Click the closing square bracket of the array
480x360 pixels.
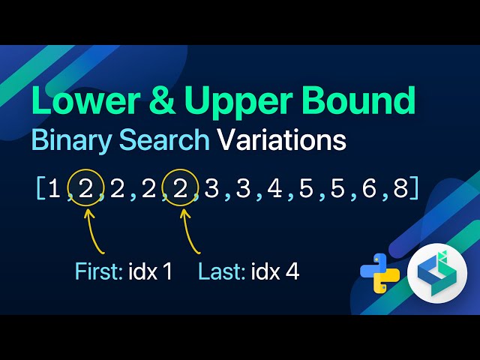coord(414,188)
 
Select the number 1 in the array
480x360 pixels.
coord(54,188)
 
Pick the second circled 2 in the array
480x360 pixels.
coord(179,188)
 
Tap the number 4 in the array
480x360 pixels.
coord(274,188)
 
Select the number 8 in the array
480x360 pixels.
coord(400,188)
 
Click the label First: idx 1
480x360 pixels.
coord(124,271)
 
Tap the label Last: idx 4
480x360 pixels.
coord(248,271)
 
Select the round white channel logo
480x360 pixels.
coord(435,274)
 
